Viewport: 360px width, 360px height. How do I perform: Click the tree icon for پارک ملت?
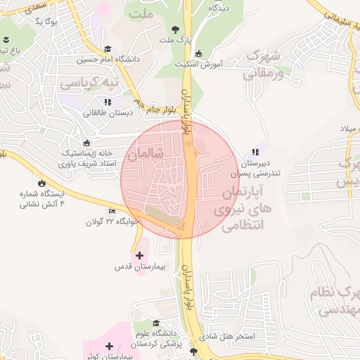tap(175, 30)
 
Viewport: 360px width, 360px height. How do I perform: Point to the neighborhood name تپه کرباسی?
tap(88, 83)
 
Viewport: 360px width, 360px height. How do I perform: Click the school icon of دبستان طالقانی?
tap(107, 102)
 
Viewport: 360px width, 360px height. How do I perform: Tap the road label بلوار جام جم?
tap(160, 108)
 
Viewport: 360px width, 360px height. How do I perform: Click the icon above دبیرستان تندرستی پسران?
tap(256, 152)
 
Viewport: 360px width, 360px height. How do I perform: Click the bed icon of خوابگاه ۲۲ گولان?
tap(112, 211)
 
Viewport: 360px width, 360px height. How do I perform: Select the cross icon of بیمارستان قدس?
tap(139, 255)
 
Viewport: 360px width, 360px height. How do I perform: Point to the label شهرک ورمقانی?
tap(265, 64)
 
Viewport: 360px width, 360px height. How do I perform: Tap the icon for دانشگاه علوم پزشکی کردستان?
tap(155, 303)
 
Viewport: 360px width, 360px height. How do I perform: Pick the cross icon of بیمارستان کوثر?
tap(109, 347)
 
